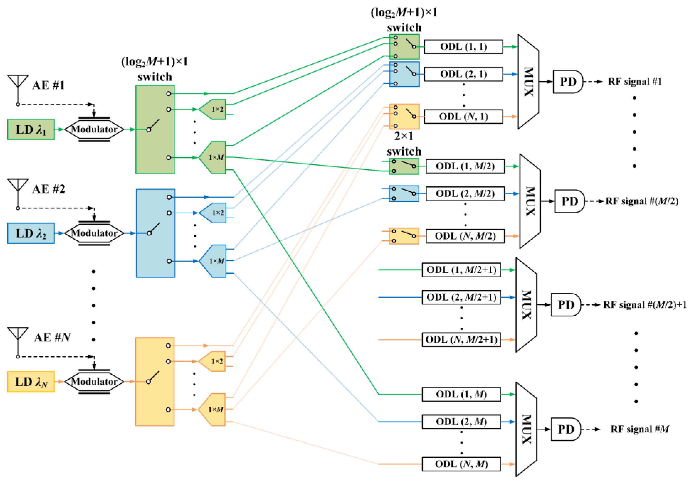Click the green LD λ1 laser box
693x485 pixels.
click(x=31, y=129)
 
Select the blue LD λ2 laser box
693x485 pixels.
click(x=31, y=233)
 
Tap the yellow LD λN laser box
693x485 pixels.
click(x=31, y=382)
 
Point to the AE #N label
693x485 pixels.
click(x=52, y=337)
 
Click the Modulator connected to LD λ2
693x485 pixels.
click(x=94, y=233)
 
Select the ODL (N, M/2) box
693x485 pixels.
click(x=465, y=236)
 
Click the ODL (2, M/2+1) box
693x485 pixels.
click(x=461, y=297)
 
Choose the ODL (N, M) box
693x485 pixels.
click(x=461, y=464)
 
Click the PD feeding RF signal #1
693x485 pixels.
click(x=567, y=82)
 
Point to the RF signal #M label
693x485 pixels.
click(x=639, y=429)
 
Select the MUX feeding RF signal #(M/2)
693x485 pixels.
click(x=530, y=201)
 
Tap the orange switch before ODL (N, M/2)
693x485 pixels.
click(x=404, y=236)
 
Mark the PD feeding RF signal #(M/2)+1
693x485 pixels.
click(x=565, y=305)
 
